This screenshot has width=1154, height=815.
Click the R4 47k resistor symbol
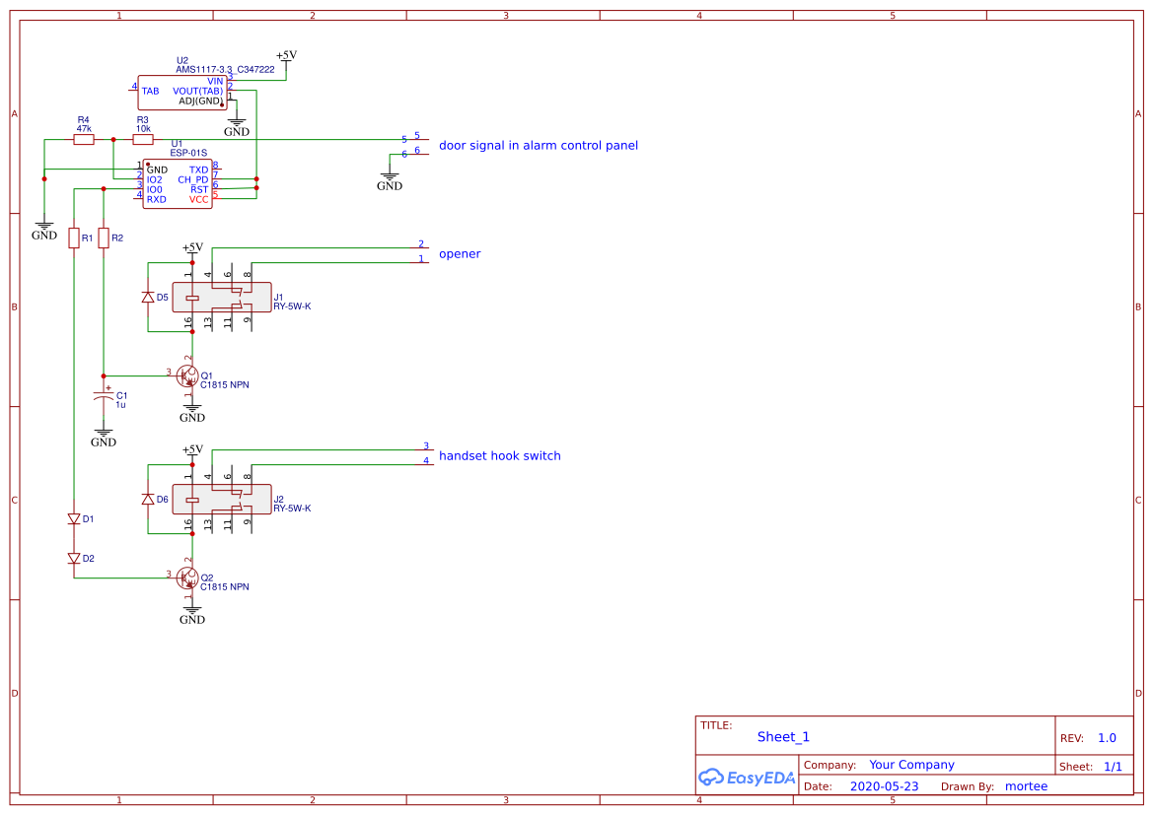(x=84, y=140)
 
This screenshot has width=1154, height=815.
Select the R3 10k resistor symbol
(x=143, y=140)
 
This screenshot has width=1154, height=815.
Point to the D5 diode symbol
(x=148, y=297)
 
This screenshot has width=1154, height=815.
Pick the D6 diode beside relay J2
(x=148, y=500)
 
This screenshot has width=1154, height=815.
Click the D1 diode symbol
(x=74, y=518)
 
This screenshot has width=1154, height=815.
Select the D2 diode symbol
(x=74, y=558)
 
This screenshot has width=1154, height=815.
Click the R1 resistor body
(x=74, y=238)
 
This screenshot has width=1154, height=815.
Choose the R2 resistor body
(x=104, y=238)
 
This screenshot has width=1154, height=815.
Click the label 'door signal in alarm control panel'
(x=538, y=146)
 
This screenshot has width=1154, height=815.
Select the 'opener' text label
(x=460, y=254)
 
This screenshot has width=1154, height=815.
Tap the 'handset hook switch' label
(x=499, y=456)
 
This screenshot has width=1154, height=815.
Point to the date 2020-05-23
(x=884, y=786)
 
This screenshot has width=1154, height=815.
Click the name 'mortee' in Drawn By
(x=1026, y=786)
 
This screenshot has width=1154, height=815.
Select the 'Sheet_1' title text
(x=783, y=737)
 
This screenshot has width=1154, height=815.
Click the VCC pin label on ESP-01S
(x=198, y=199)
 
